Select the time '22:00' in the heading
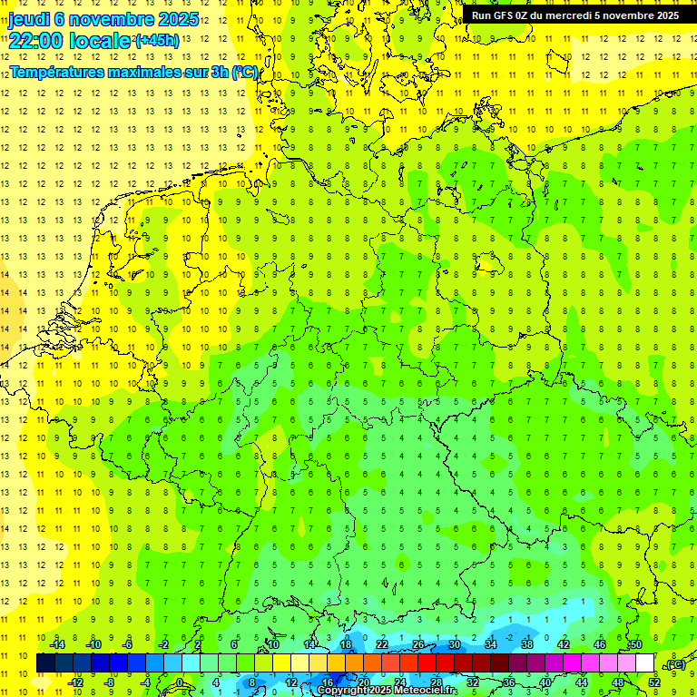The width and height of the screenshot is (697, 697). click(x=35, y=41)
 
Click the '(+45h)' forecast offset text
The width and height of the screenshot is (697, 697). click(x=156, y=41)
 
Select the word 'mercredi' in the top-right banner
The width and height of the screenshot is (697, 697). click(x=585, y=15)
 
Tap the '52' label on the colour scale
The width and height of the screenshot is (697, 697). click(x=654, y=682)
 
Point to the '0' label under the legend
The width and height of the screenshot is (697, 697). click(x=179, y=682)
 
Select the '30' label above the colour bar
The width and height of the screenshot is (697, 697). click(x=454, y=644)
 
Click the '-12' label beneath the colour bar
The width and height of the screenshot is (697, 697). click(x=75, y=682)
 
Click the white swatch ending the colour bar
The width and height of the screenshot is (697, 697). click(x=644, y=663)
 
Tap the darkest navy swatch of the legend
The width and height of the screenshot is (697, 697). click(x=46, y=663)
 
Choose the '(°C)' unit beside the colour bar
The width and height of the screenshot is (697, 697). click(x=674, y=664)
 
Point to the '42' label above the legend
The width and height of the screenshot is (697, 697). click(x=563, y=644)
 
